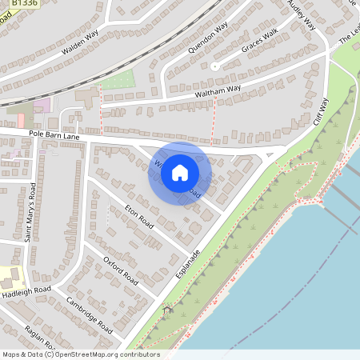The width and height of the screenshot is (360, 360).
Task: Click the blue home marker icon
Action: point(180,173)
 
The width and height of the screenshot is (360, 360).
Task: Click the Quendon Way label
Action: point(208,37)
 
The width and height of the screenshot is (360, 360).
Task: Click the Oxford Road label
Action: point(121,269)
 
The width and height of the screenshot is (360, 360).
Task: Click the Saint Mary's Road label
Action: point(30,212)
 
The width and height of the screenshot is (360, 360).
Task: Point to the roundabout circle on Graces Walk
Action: point(214,66)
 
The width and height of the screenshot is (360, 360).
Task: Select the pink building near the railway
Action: point(42,104)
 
